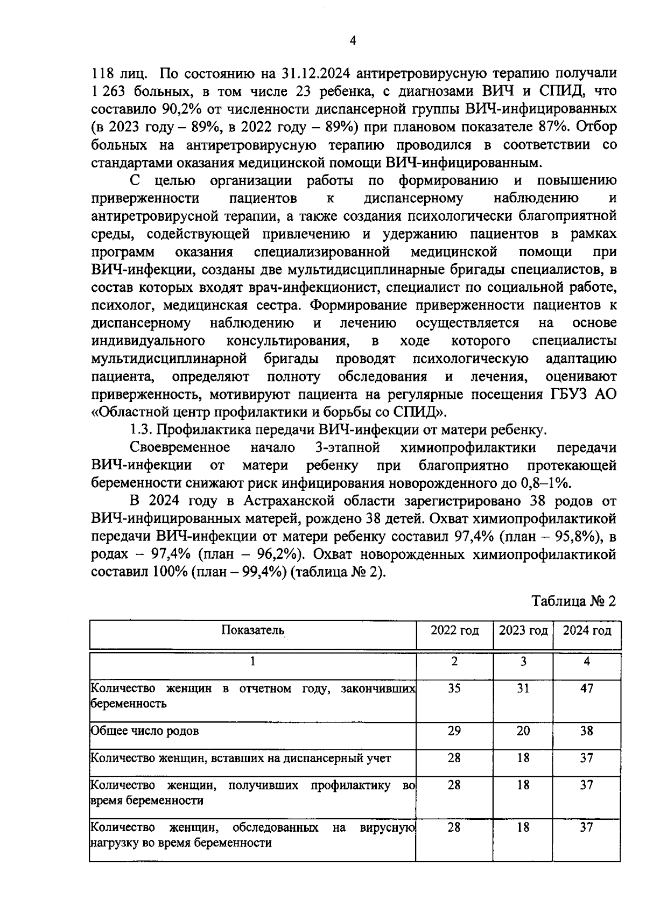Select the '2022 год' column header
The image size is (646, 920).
coord(454,630)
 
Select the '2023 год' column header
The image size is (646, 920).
coord(523,630)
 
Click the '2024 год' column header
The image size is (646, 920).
coord(587,630)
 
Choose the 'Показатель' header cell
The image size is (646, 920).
coord(252,630)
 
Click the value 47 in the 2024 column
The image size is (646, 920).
coord(587,689)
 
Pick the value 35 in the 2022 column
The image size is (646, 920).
coord(454,689)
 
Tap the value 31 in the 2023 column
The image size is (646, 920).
coord(523,689)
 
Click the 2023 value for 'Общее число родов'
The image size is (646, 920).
coord(523,731)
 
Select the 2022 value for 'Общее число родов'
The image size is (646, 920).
coord(454,731)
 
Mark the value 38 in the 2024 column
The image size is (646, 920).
coord(587,731)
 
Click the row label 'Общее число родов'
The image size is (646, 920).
coord(144,731)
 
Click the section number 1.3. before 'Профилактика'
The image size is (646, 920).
coord(142,430)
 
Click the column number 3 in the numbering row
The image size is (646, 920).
coord(523,662)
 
